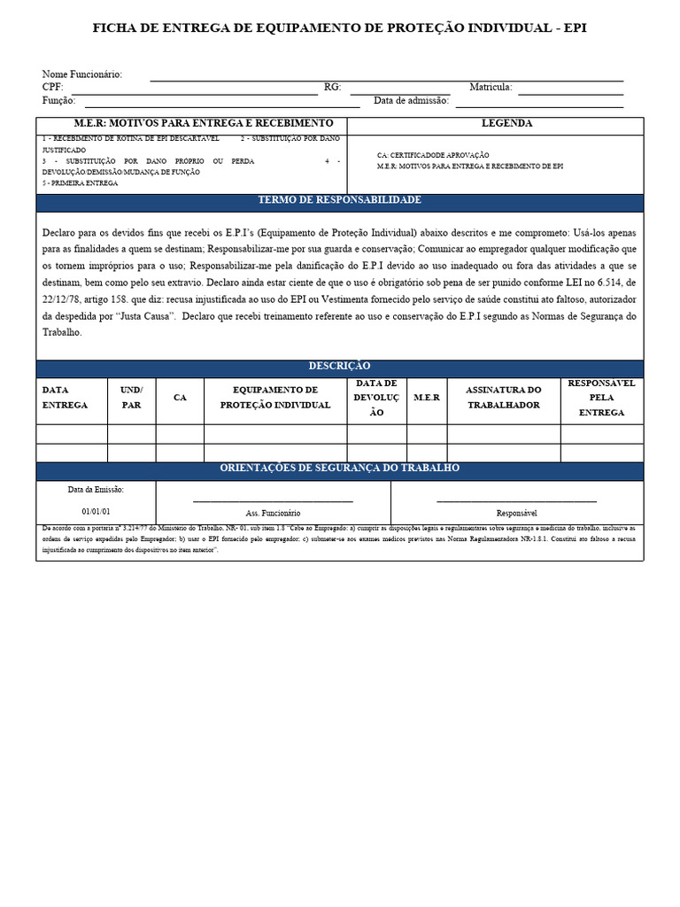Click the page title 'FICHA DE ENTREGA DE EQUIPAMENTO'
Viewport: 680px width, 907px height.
click(x=339, y=28)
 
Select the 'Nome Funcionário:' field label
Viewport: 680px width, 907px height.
click(x=82, y=74)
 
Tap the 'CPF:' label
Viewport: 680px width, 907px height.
click(x=52, y=88)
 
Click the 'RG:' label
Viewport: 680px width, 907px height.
click(x=333, y=88)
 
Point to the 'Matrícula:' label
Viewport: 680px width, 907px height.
click(x=491, y=88)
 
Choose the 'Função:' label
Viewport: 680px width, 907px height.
click(x=58, y=101)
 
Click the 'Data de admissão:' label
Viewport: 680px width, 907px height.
click(x=411, y=101)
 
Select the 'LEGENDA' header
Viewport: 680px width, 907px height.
click(x=506, y=124)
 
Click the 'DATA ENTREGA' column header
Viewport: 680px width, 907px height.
click(x=65, y=397)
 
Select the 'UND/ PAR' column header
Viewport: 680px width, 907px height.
click(x=131, y=397)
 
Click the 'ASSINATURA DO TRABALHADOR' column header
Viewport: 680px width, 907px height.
click(x=503, y=397)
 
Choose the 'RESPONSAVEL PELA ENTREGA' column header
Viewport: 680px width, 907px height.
click(x=601, y=398)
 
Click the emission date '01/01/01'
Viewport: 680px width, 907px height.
click(x=96, y=512)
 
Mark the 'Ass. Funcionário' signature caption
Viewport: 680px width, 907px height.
click(x=273, y=513)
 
